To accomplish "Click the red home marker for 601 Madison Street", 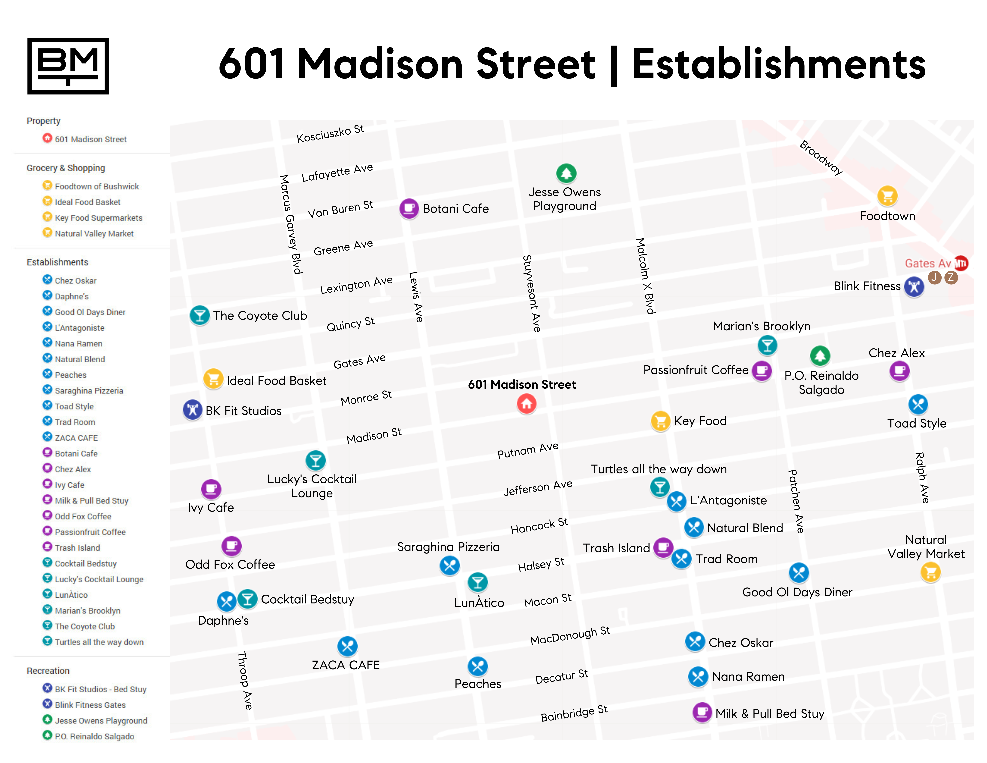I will point(527,404).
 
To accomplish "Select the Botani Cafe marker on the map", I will point(409,208).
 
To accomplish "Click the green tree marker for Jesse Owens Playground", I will point(566,173).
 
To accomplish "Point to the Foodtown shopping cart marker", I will point(887,196).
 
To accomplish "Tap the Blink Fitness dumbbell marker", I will point(914,287).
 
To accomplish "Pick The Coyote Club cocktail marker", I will point(199,315).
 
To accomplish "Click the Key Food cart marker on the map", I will point(660,421).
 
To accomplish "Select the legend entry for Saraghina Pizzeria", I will point(89,391).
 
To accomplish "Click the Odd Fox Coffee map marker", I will point(231,546).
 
